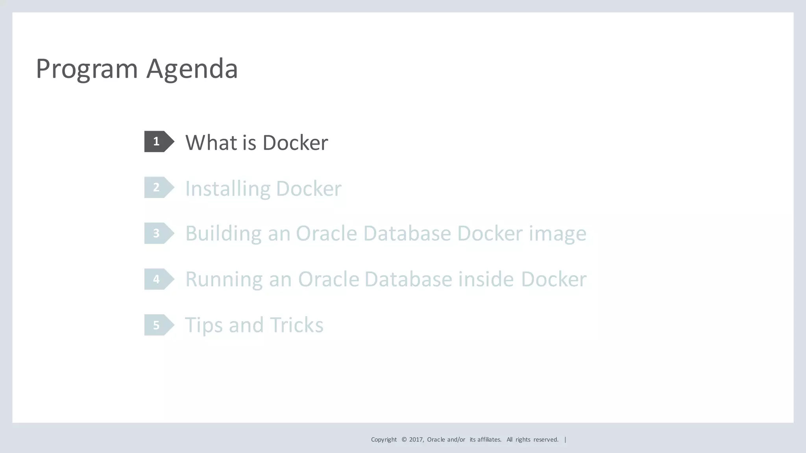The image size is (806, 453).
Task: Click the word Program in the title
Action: (x=87, y=69)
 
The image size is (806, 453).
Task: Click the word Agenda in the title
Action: (x=192, y=69)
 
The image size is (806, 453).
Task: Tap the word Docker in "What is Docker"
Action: (x=295, y=142)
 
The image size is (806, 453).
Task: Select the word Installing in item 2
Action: (x=227, y=189)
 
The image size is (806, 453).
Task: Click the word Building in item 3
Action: (x=223, y=234)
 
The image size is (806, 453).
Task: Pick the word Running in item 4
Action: (x=224, y=279)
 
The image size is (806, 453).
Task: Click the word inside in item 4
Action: (x=486, y=279)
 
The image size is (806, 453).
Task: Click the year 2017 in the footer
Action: (x=416, y=440)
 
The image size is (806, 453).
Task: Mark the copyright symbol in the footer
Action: (x=404, y=440)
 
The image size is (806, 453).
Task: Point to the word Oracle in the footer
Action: (x=436, y=440)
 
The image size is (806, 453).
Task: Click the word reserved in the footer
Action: (x=545, y=440)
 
